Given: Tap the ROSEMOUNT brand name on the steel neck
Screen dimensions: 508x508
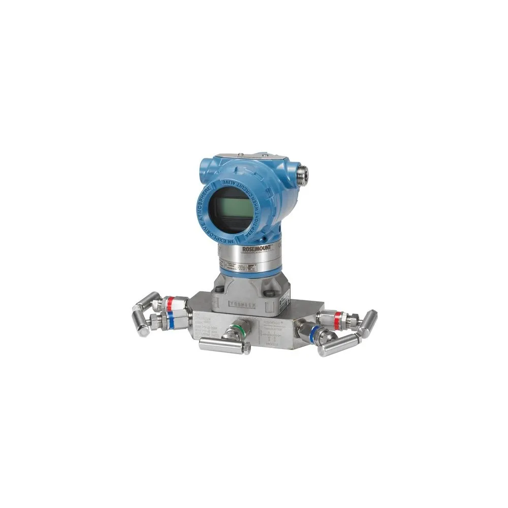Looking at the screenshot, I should [x=258, y=247].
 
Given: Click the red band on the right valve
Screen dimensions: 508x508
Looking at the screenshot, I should [x=337, y=319].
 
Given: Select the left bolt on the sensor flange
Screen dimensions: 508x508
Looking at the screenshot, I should [x=219, y=290].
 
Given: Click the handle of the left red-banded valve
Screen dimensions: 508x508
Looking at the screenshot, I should [x=146, y=302].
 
